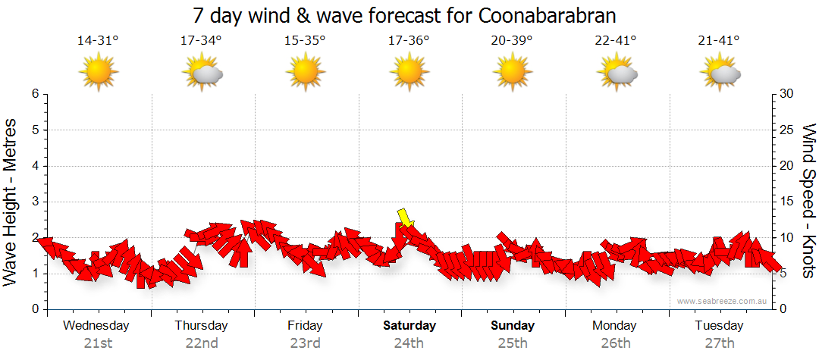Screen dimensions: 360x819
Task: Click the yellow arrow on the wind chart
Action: tap(406, 218)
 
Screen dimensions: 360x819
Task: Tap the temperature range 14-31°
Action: tap(98, 41)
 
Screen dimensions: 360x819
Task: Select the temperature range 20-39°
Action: tap(512, 41)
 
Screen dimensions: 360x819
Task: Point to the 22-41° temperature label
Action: tap(616, 41)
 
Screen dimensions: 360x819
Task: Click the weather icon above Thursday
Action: tap(202, 73)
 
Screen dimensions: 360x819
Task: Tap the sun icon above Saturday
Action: tap(409, 73)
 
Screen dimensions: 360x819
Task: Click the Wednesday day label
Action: tap(96, 326)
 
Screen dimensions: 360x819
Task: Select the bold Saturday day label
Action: tap(409, 326)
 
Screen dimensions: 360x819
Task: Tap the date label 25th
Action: tap(513, 343)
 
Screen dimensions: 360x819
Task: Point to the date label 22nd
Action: tap(201, 343)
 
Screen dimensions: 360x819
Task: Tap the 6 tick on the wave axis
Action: tap(34, 94)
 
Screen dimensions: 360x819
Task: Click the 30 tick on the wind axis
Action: tap(786, 94)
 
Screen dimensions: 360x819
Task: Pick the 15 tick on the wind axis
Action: tap(786, 202)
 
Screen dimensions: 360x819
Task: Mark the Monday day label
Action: tap(615, 326)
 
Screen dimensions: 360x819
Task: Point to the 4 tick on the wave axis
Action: tap(34, 166)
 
